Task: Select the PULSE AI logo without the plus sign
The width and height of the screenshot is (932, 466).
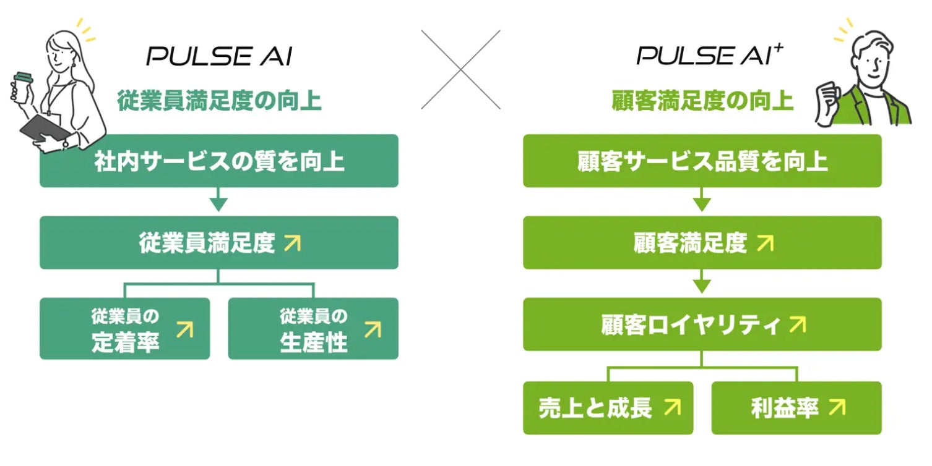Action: pyautogui.click(x=218, y=57)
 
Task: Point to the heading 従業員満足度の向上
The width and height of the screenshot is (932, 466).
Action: pyautogui.click(x=219, y=101)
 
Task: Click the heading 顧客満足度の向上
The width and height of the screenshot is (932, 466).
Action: pyautogui.click(x=702, y=101)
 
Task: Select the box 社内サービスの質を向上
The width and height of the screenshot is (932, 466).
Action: pyautogui.click(x=218, y=161)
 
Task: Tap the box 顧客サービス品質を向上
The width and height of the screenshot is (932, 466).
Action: pyautogui.click(x=702, y=161)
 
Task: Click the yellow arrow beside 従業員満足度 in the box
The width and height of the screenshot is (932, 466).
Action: pyautogui.click(x=292, y=243)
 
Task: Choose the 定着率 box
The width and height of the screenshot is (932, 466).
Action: pyautogui.click(x=124, y=329)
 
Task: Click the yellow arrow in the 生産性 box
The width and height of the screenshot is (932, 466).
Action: pyautogui.click(x=373, y=329)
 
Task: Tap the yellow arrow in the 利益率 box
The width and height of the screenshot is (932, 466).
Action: pyautogui.click(x=837, y=407)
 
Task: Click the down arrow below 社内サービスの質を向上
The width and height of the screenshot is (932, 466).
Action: pyautogui.click(x=218, y=202)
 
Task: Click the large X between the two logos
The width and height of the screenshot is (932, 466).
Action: pyautogui.click(x=461, y=69)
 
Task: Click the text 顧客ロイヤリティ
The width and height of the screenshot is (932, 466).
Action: pyautogui.click(x=689, y=325)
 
